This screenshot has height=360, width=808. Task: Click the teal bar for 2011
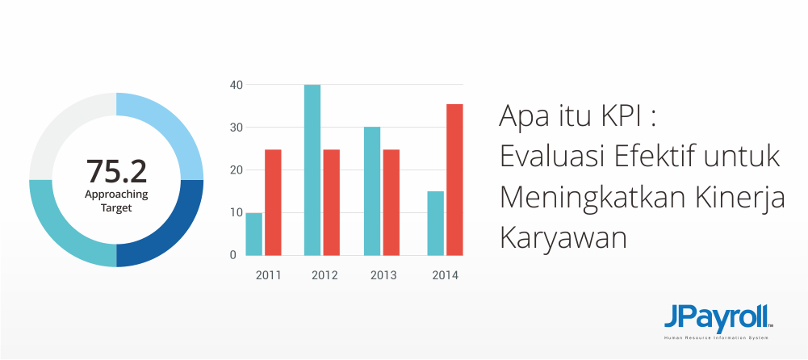click(x=254, y=234)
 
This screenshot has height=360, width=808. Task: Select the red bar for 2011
click(x=273, y=203)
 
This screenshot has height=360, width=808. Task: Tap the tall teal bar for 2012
click(x=312, y=170)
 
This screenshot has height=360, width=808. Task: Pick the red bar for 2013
click(x=391, y=203)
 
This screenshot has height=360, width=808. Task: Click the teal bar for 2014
click(x=435, y=223)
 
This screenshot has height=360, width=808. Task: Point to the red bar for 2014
click(x=454, y=180)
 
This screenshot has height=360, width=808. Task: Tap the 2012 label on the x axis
click(x=324, y=275)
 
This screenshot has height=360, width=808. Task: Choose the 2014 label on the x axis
click(x=446, y=275)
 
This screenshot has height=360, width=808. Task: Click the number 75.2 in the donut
click(x=116, y=171)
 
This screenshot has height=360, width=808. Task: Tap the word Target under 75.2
click(x=116, y=208)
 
